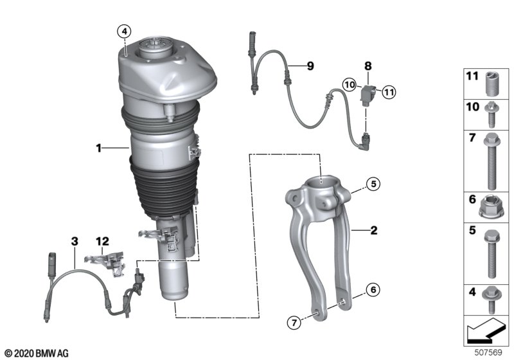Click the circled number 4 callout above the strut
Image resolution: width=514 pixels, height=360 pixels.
click(124, 32)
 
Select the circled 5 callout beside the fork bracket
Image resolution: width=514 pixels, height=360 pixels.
click(373, 184)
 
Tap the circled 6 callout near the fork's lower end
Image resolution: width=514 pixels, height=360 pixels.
click(373, 289)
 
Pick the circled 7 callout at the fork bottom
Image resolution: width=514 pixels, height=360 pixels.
click(294, 323)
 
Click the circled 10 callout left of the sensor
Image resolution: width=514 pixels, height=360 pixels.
click(350, 85)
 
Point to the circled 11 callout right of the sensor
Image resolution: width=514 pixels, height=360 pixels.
click(389, 92)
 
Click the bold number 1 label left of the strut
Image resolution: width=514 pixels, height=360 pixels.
click(99, 148)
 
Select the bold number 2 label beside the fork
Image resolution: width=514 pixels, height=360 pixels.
click(374, 230)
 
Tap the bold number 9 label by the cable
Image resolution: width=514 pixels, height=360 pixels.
click(310, 66)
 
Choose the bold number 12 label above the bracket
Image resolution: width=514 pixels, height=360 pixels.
click(102, 241)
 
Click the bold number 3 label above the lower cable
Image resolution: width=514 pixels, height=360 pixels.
click(75, 241)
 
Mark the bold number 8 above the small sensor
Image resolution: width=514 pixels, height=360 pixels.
click(368, 66)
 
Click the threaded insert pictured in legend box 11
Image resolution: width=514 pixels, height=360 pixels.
click(491, 84)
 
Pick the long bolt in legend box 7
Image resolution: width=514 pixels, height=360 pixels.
click(491, 161)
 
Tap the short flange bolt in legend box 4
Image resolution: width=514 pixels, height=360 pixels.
click(491, 300)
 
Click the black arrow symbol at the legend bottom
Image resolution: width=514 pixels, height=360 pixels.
click(486, 330)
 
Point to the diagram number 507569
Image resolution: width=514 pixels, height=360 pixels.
click(488, 352)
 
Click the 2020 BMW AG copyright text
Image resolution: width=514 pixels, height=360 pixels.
click(37, 354)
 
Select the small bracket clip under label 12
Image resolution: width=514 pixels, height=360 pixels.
click(106, 263)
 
